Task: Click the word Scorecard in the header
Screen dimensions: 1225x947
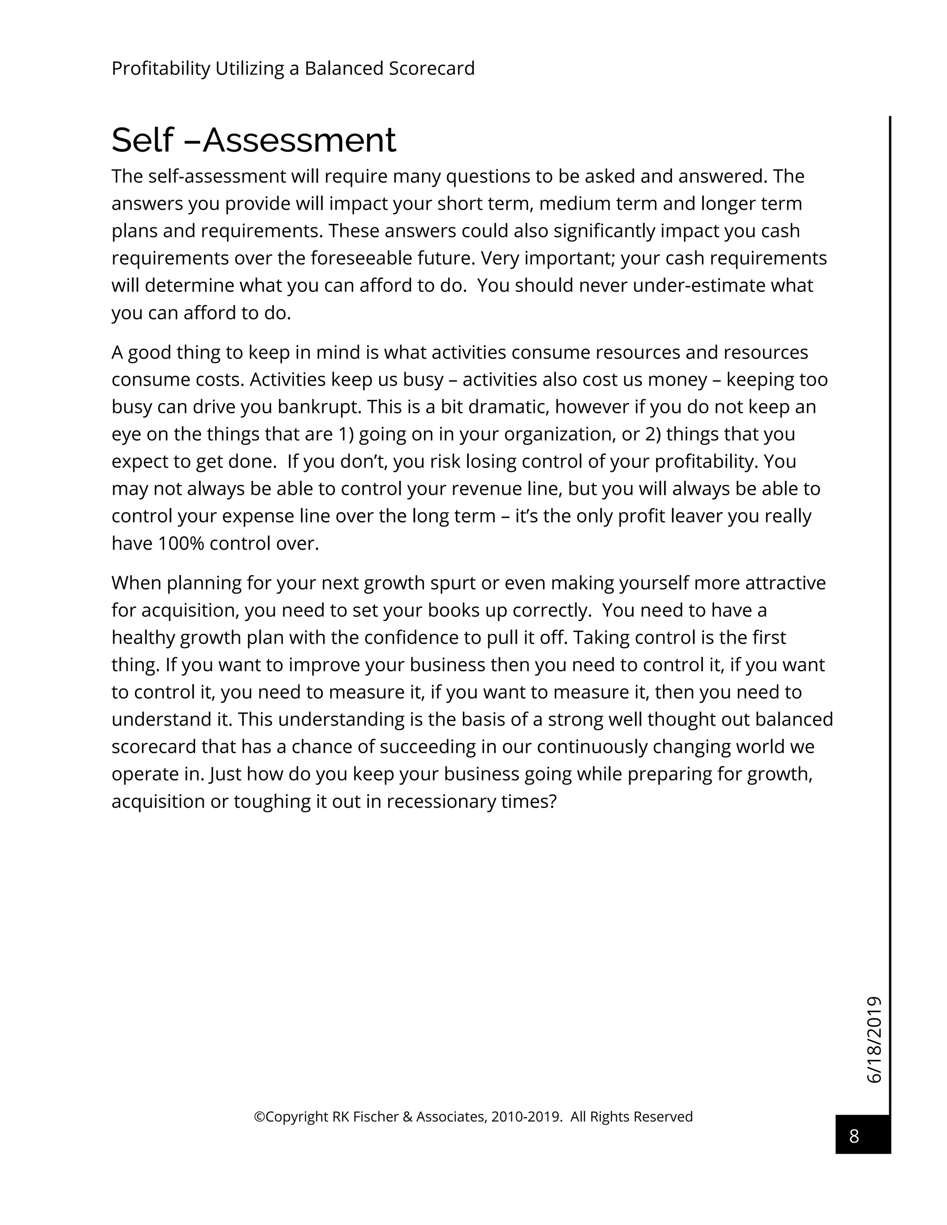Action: (x=431, y=68)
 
